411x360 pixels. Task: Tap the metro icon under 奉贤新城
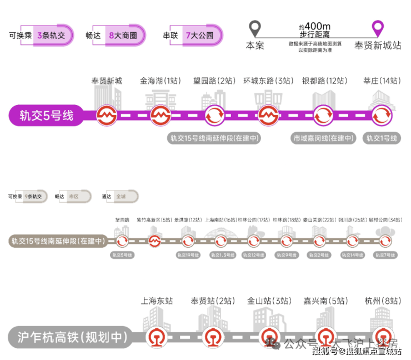[106, 116]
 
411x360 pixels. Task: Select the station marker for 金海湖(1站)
[160, 116]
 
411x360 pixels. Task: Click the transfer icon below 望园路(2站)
[214, 116]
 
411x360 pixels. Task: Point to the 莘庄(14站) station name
[381, 81]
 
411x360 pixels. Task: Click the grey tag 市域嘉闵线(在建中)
[323, 138]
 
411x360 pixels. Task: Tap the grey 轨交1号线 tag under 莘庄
[382, 138]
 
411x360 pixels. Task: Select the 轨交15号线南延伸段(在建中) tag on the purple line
[214, 138]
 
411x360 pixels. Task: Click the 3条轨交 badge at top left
[51, 35]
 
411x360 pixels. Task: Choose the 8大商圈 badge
[123, 35]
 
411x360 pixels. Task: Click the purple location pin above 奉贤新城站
[378, 28]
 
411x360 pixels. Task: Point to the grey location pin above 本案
[255, 28]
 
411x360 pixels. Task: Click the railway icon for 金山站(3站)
[269, 337]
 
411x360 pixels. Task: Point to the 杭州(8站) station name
[381, 301]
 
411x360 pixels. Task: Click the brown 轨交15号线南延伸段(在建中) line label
[58, 241]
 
